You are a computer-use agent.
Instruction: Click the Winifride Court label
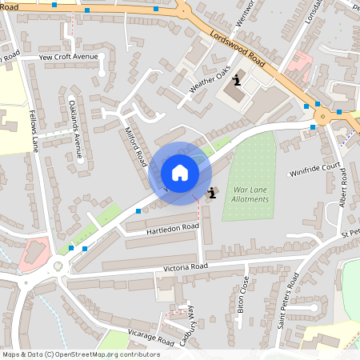click(315, 171)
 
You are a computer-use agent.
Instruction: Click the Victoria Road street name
click(186, 266)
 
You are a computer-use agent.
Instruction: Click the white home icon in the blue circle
click(179, 173)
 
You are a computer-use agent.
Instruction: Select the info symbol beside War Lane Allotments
click(211, 192)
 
